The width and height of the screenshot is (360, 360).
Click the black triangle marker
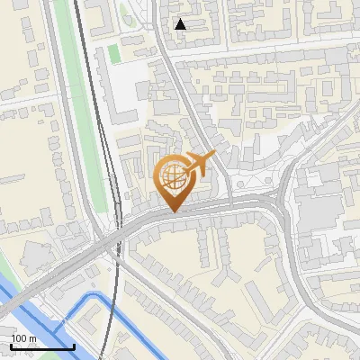coord(181,24)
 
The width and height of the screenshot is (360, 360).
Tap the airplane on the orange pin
coord(199,164)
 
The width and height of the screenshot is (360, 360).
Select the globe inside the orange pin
coord(174,178)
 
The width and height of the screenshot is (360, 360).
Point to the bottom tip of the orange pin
coord(174,211)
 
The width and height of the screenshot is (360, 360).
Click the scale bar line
coord(42,347)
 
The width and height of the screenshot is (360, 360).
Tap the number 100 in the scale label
coord(20,339)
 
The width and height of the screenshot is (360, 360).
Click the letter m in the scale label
coord(32,339)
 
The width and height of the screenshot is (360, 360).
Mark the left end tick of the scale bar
coord(11,346)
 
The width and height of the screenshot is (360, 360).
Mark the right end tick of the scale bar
coord(75,346)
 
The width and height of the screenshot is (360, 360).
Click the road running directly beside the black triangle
coord(167,36)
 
